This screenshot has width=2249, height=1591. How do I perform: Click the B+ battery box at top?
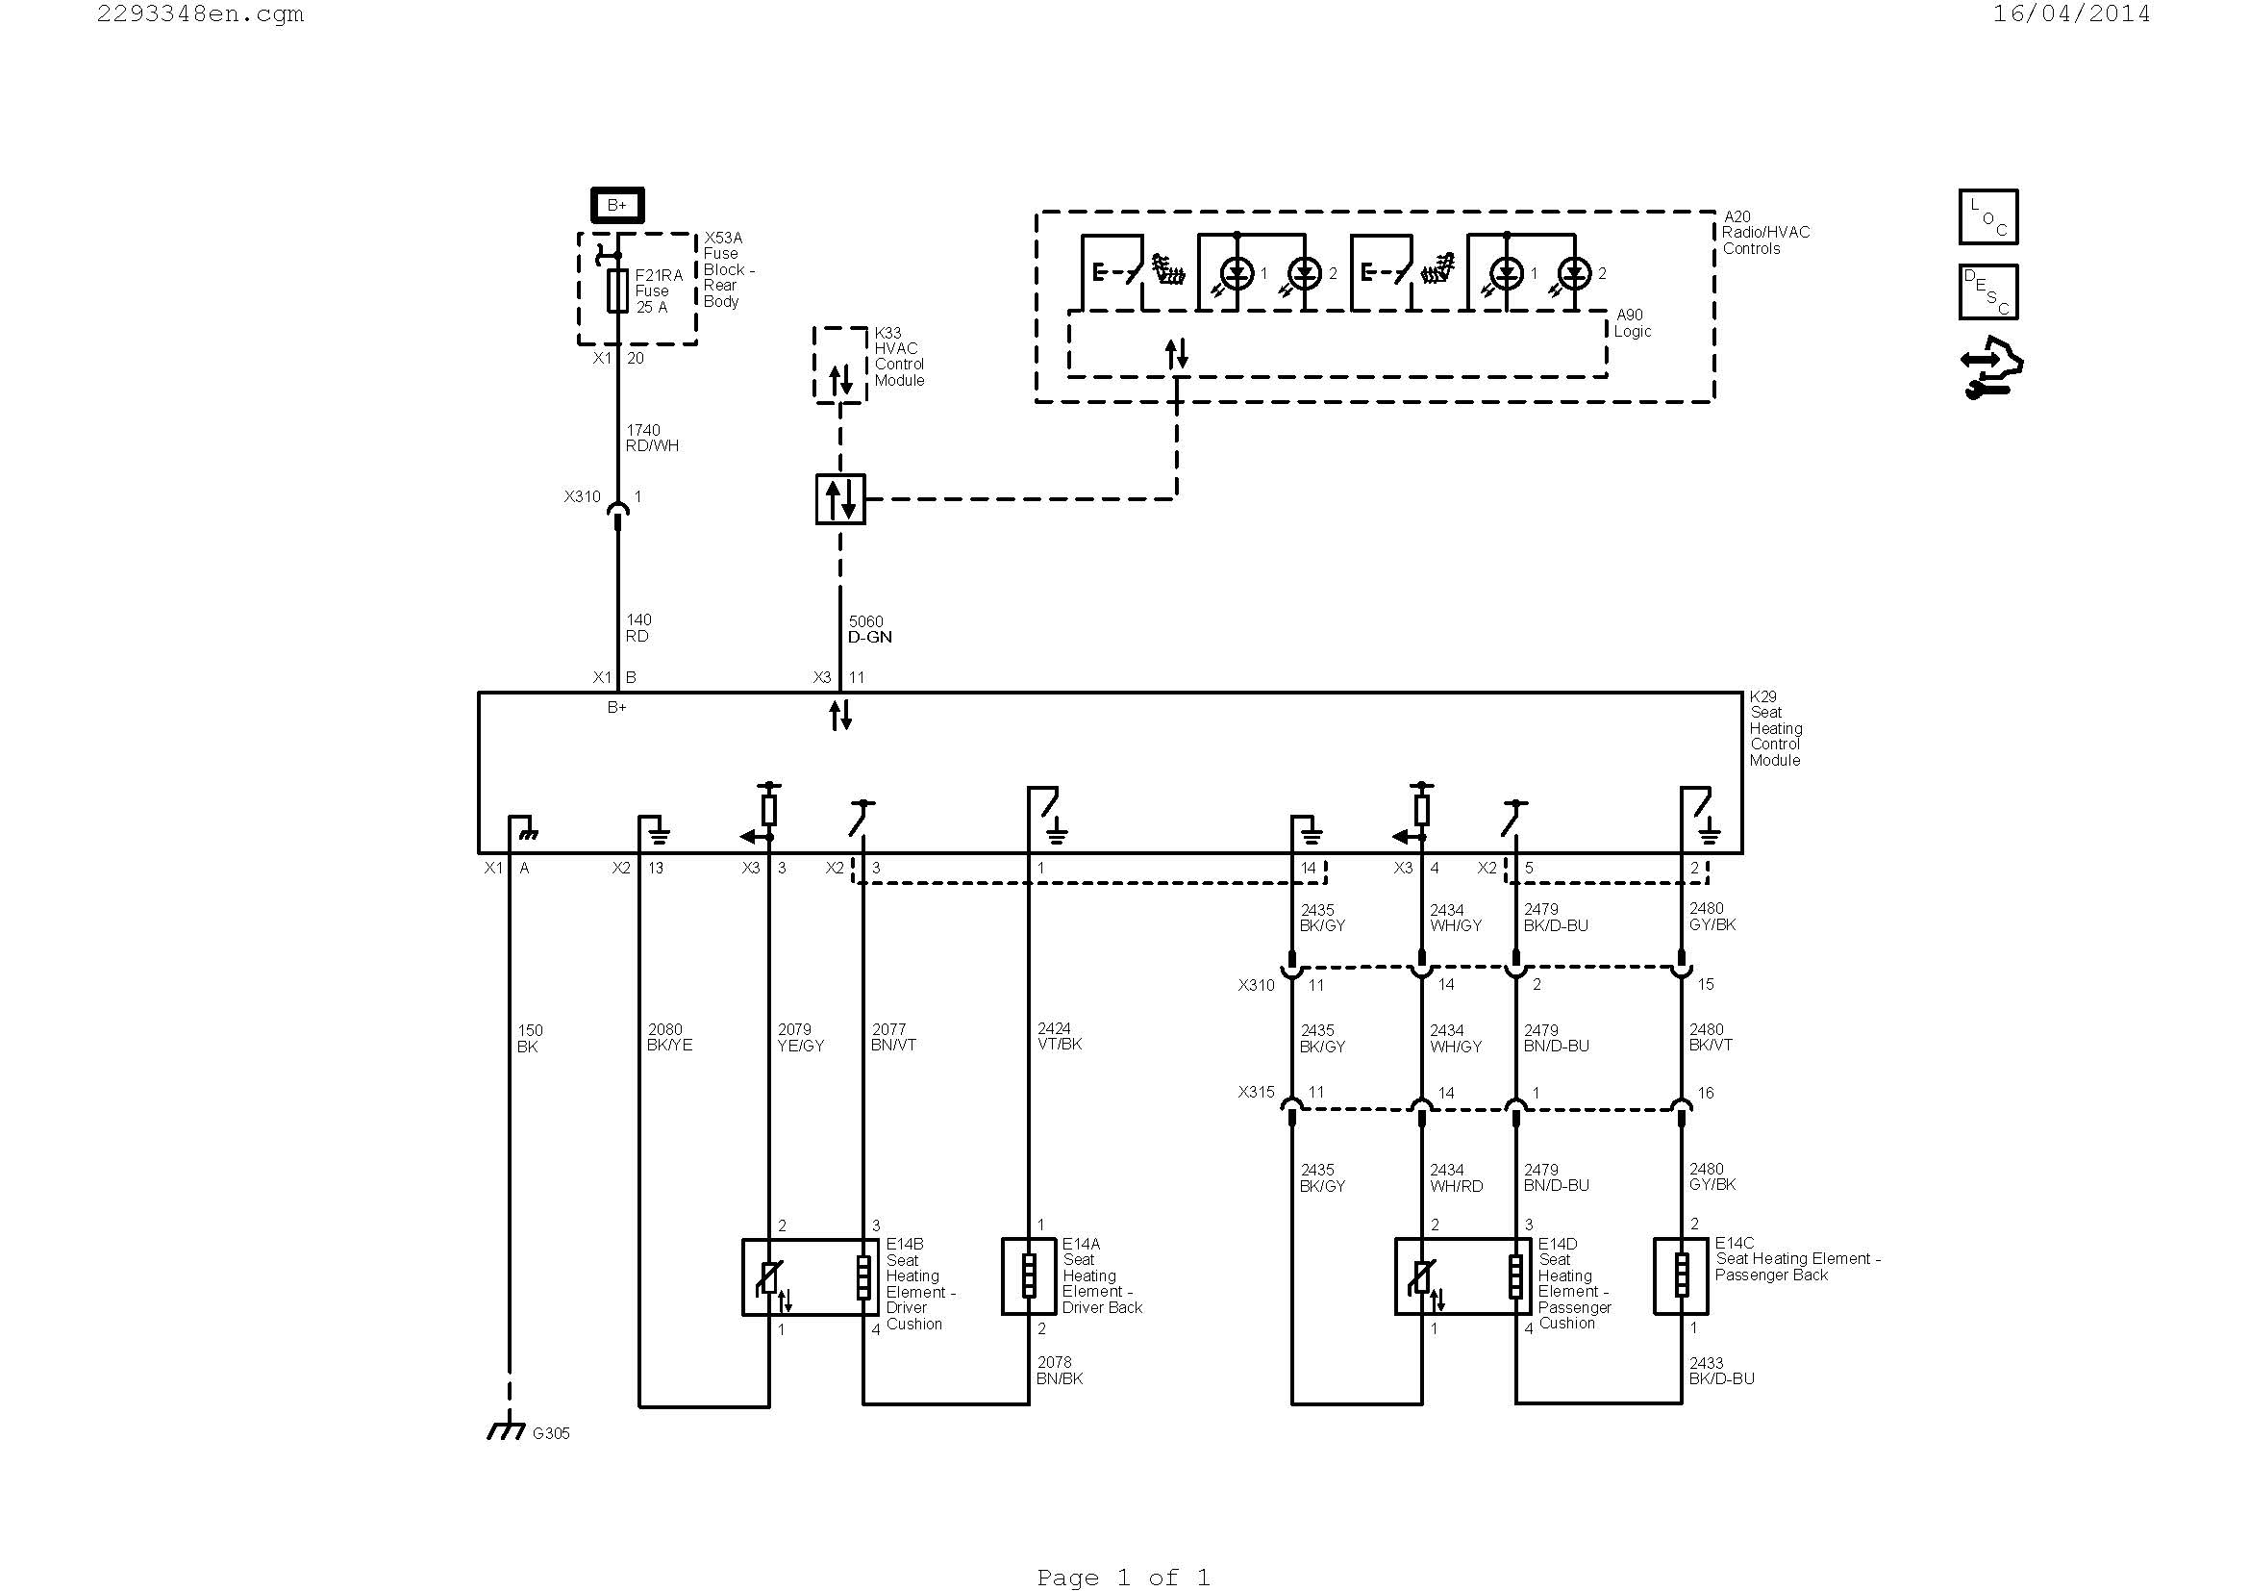point(617,205)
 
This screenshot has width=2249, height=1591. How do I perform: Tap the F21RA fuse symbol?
point(617,290)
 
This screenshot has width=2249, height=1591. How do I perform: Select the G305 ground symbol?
point(507,1431)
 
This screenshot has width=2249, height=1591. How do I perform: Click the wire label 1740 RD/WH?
point(651,438)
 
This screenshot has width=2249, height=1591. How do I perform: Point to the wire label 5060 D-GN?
point(870,629)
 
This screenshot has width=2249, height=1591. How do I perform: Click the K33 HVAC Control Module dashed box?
point(839,365)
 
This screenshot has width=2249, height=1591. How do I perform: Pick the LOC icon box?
point(1987,216)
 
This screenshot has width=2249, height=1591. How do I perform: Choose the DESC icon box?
point(1987,292)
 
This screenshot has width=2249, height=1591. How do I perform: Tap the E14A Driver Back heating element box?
point(1029,1276)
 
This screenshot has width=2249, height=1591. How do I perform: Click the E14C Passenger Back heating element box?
point(1681,1276)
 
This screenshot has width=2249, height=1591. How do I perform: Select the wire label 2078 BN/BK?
point(1059,1370)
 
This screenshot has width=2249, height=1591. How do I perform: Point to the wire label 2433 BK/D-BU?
point(1721,1370)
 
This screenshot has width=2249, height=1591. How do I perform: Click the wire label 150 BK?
point(529,1039)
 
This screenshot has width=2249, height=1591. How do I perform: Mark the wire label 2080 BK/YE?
point(669,1037)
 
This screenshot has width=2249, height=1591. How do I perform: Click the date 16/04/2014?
point(2071,13)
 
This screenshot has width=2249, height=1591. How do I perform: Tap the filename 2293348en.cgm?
point(200,13)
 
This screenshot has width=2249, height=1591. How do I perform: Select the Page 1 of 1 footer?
point(1122,1577)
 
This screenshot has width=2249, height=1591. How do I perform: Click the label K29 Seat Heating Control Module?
point(1775,728)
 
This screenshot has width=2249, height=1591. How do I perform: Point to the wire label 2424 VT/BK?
point(1059,1036)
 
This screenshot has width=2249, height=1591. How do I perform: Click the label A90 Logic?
point(1632,322)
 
